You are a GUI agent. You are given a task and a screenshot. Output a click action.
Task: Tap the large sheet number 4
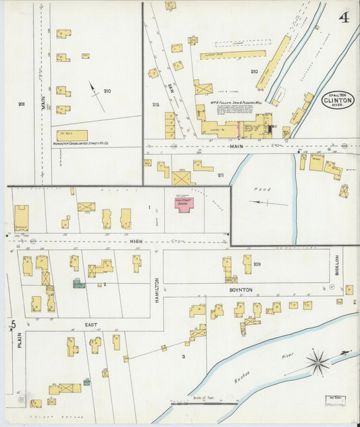[344, 17]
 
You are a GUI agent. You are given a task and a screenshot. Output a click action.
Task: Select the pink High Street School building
[183, 205]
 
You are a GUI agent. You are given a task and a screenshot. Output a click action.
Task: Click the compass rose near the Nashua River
[318, 361]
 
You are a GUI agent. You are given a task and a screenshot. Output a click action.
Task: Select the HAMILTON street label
[157, 289]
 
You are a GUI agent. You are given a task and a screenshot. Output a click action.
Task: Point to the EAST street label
[91, 325]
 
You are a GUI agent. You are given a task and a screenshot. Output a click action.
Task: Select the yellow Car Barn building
[72, 135]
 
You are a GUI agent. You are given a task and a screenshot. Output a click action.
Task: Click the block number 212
[155, 105]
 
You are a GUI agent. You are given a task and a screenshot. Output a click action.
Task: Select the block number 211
[220, 175]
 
